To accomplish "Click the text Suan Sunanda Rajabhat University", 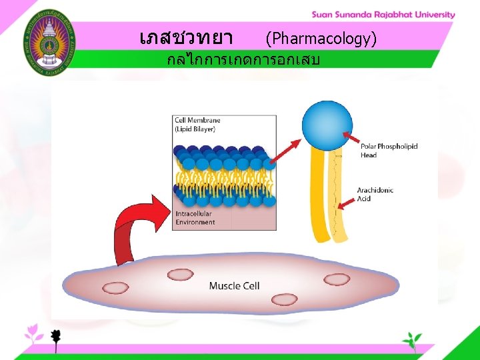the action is pyautogui.click(x=383, y=15).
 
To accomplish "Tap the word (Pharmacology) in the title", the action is pyautogui.click(x=321, y=39).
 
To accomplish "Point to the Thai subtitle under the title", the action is pyautogui.click(x=243, y=61).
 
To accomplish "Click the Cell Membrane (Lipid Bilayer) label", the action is pyautogui.click(x=195, y=124).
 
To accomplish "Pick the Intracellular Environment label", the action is pyautogui.click(x=195, y=218).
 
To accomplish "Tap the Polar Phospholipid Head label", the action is pyautogui.click(x=389, y=151).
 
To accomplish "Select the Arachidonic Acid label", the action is pyautogui.click(x=375, y=194).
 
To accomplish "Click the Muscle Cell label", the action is pyautogui.click(x=234, y=286).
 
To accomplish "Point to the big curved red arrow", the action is pyautogui.click(x=137, y=230).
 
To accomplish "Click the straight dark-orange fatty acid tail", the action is pyautogui.click(x=320, y=193).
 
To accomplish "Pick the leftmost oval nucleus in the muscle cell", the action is pyautogui.click(x=116, y=287).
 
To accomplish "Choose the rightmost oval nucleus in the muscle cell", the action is pyautogui.click(x=337, y=279).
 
